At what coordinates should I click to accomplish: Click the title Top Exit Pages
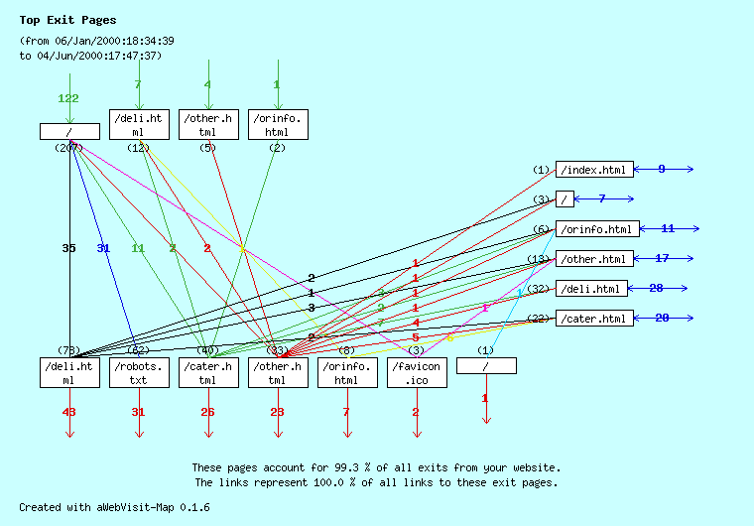(x=67, y=20)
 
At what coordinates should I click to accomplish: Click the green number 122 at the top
(x=68, y=98)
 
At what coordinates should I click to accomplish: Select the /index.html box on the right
(x=593, y=170)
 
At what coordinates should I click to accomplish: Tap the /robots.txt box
(x=139, y=372)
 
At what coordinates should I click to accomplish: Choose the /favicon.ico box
(x=417, y=372)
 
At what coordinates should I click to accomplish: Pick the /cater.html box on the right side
(x=593, y=319)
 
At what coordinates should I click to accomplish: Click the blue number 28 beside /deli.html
(x=656, y=288)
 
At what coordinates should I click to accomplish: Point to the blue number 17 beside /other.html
(x=662, y=258)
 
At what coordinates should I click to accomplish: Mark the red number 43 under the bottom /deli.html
(x=69, y=412)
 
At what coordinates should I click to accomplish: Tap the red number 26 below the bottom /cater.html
(x=207, y=412)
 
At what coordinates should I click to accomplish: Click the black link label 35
(x=68, y=248)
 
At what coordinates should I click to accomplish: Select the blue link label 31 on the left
(x=103, y=248)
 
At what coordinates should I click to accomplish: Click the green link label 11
(x=138, y=248)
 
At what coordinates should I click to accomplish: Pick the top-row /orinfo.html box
(x=278, y=124)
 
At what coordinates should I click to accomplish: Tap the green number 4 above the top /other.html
(x=207, y=84)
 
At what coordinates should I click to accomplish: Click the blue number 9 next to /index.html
(x=662, y=169)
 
